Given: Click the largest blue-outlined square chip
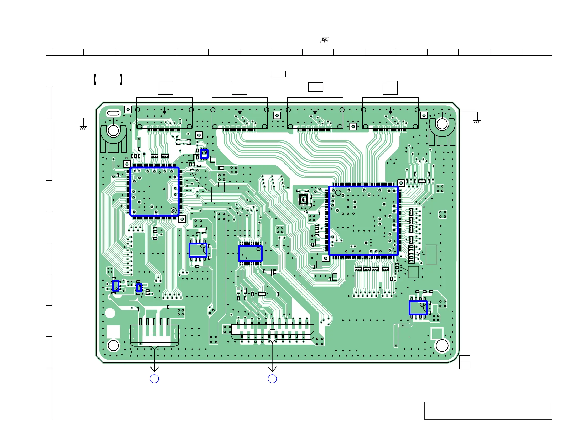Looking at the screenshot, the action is [x=363, y=221].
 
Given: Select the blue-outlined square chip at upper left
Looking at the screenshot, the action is [x=154, y=191].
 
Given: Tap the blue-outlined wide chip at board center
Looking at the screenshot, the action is [x=250, y=253].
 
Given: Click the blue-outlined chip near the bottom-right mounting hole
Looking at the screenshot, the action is [x=418, y=308].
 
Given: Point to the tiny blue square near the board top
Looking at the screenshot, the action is [x=204, y=154].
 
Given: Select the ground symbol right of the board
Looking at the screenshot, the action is [x=477, y=121].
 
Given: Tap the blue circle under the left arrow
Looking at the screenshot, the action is [x=154, y=379].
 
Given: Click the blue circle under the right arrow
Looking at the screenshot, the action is [x=272, y=379].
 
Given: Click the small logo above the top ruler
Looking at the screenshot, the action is [x=324, y=40].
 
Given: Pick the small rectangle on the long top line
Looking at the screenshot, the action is [x=278, y=74].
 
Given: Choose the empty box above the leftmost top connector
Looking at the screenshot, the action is [x=165, y=88].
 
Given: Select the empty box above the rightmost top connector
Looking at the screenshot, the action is [x=390, y=88].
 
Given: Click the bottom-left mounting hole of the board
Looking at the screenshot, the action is [x=113, y=346].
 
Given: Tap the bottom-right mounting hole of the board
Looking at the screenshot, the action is [x=442, y=346].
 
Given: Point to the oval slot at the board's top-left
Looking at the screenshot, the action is [x=113, y=113].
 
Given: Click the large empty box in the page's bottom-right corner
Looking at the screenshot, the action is [x=488, y=411].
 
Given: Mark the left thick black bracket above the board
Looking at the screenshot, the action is [x=95, y=80].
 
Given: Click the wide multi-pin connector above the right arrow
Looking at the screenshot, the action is [x=273, y=330].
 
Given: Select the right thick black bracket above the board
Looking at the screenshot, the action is [x=121, y=80].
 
